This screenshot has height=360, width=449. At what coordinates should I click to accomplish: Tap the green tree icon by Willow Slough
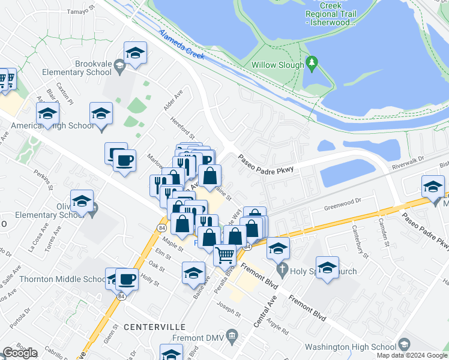tap(311, 62)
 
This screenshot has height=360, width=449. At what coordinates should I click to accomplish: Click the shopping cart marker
tap(225, 254)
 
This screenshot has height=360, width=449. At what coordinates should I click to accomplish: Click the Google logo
tap(19, 353)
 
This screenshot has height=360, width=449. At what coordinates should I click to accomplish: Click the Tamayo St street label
tap(82, 10)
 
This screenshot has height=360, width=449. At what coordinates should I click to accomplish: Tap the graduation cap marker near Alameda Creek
tap(135, 53)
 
